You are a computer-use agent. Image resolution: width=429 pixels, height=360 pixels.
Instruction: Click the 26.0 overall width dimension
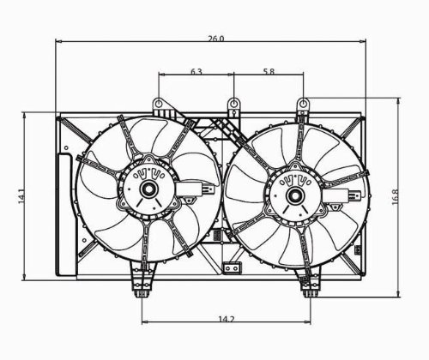tap(216, 39)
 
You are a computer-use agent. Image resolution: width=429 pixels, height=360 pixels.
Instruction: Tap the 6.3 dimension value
tap(196, 71)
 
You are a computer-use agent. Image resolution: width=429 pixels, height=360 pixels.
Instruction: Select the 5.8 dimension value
tap(269, 71)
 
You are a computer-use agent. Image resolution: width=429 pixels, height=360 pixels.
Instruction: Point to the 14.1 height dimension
tap(22, 195)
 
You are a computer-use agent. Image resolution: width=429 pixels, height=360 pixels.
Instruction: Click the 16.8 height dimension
tap(395, 197)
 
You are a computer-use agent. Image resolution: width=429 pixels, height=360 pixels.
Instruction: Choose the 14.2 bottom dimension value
tap(227, 319)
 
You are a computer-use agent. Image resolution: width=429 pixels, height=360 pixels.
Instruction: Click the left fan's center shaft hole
tap(148, 189)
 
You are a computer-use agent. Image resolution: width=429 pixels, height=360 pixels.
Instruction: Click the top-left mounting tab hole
tap(159, 103)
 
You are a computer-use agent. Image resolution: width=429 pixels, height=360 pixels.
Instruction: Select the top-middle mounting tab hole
tap(234, 103)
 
